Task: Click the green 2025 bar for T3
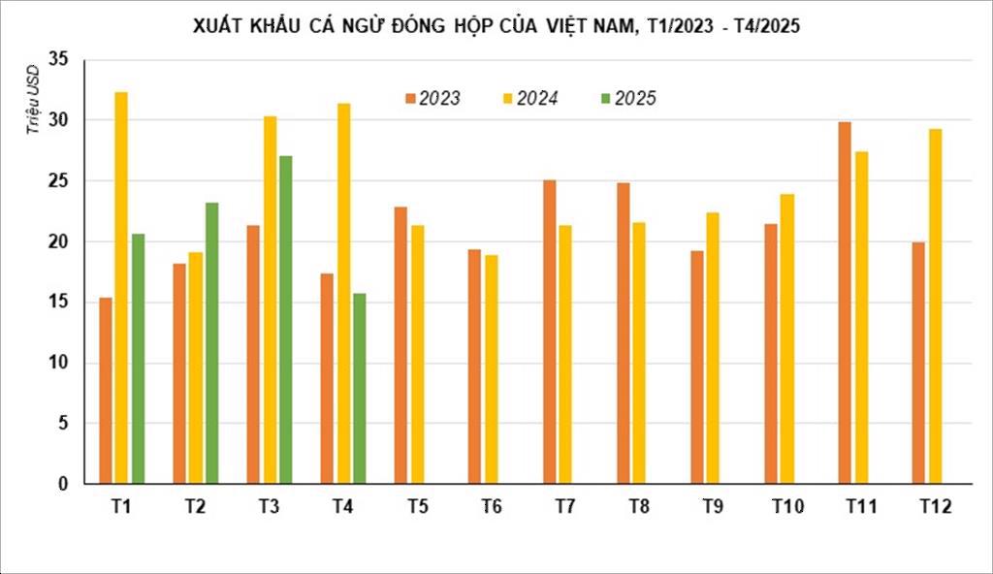point(285,320)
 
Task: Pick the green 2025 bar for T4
point(359,388)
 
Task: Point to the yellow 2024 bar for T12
point(935,306)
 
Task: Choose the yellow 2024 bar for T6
point(492,369)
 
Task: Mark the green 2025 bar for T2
point(211,343)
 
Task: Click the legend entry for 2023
point(433,98)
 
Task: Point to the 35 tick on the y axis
point(59,60)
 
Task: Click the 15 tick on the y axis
point(59,303)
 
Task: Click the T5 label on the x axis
point(418,507)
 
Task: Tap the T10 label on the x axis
point(787,507)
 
